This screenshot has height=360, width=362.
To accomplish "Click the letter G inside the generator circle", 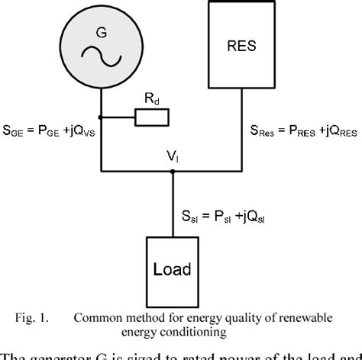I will click(x=102, y=33).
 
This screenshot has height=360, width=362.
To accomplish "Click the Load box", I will click(x=172, y=268).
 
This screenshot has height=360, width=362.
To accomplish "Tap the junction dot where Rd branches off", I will click(x=102, y=118).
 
